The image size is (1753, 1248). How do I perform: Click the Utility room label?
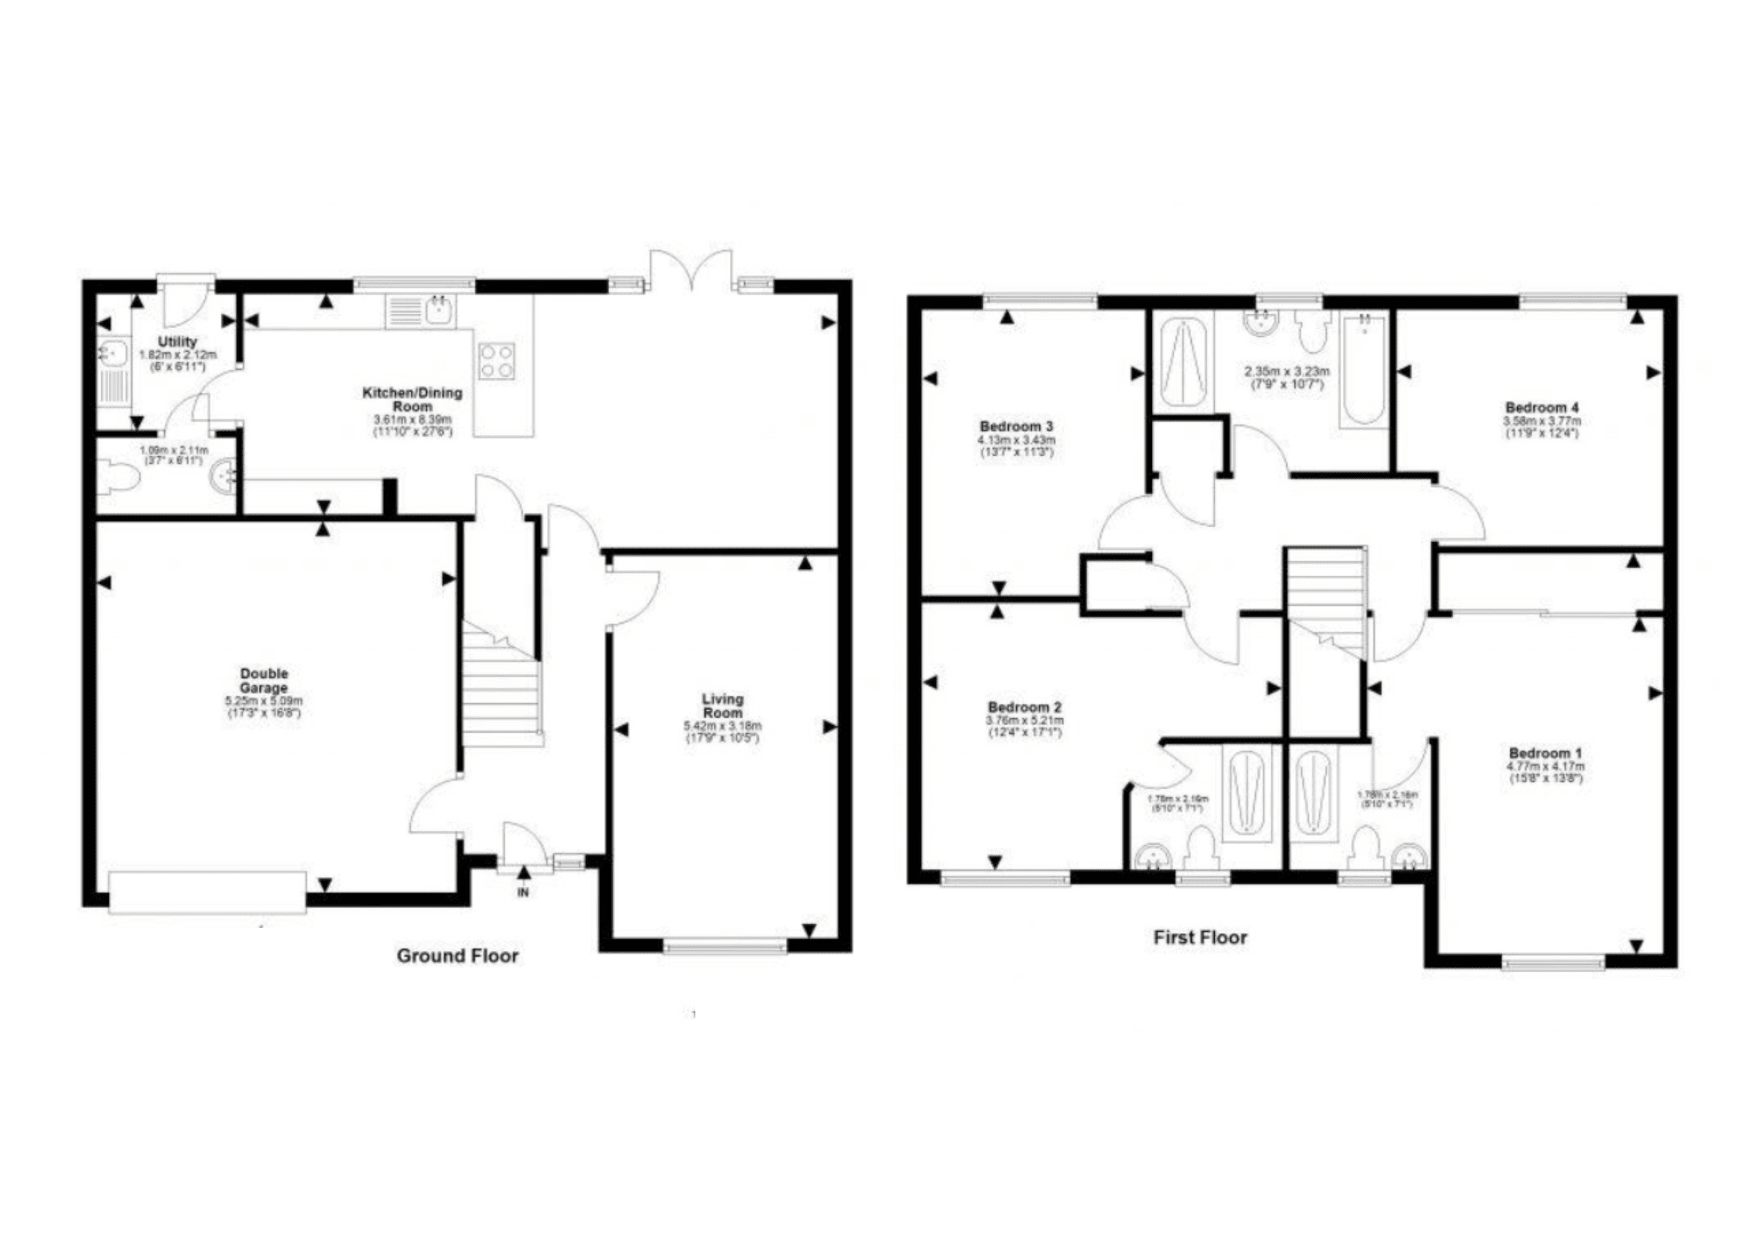click(x=177, y=341)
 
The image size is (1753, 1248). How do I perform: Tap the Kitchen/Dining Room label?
click(x=412, y=399)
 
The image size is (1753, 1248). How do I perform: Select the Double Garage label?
click(x=264, y=681)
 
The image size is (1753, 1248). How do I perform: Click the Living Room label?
click(x=722, y=705)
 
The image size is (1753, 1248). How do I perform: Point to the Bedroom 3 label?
click(x=1016, y=426)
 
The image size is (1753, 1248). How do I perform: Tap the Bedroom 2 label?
click(x=1024, y=707)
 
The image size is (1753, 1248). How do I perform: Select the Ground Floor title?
click(x=457, y=956)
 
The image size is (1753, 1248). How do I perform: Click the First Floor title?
click(x=1200, y=937)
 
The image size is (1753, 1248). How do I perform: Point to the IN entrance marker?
click(x=523, y=892)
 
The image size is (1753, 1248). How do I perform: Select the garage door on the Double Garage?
click(x=207, y=892)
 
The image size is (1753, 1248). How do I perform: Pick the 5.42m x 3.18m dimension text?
click(x=722, y=726)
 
